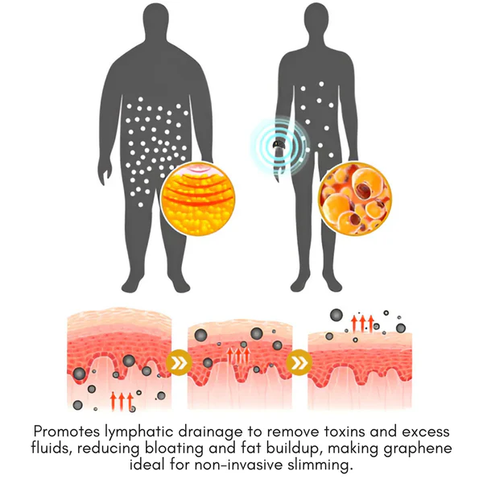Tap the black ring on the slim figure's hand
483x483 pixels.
point(279,144)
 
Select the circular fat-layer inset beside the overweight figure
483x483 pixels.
point(198,199)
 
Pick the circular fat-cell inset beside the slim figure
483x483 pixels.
point(354,199)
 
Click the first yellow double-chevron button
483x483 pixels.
point(179,363)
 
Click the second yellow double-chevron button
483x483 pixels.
point(299,363)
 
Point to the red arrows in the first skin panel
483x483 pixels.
point(122,401)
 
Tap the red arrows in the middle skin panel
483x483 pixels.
point(237,355)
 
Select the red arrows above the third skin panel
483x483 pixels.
point(362,324)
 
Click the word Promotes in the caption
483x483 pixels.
point(67,431)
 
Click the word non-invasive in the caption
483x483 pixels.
point(238,464)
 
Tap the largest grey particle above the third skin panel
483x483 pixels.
point(336,315)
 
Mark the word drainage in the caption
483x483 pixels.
point(210,432)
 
